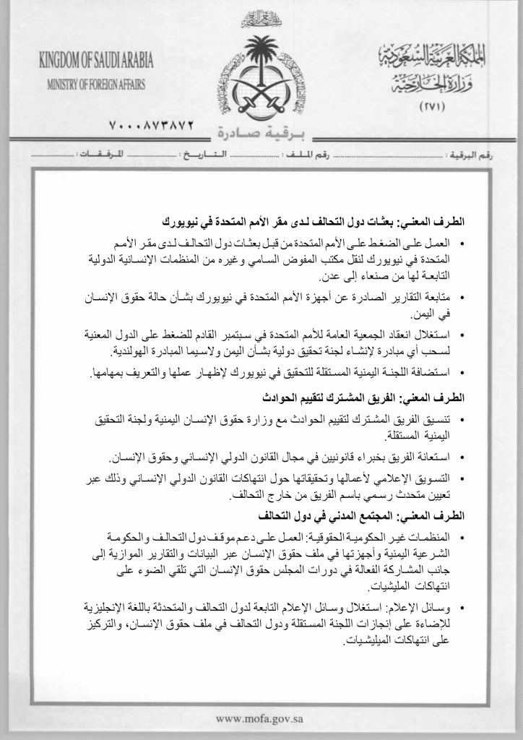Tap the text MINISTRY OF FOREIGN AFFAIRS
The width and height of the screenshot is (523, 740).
pyautogui.click(x=96, y=84)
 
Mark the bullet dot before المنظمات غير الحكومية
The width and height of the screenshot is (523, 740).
pyautogui.click(x=462, y=538)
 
